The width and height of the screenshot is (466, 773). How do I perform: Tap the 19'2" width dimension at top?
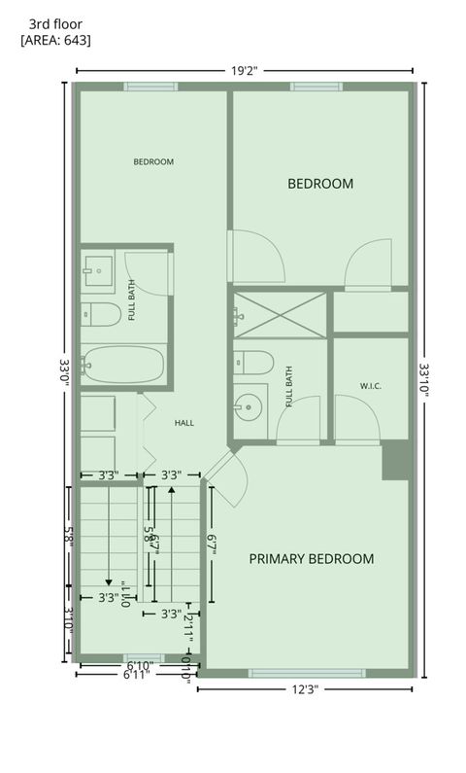(244, 70)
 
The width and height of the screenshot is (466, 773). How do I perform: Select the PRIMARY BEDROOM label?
(311, 558)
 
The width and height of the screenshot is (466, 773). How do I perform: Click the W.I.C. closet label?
(370, 386)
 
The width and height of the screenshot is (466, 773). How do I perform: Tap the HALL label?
(184, 423)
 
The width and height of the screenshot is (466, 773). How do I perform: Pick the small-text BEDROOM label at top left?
(153, 161)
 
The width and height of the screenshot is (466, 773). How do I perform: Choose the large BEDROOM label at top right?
(319, 183)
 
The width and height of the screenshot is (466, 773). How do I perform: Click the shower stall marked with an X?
(280, 314)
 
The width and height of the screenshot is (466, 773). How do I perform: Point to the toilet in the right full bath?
(252, 363)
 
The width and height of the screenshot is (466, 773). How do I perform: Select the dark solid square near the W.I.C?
(395, 460)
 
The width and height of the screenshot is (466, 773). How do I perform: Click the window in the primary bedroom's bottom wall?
(307, 673)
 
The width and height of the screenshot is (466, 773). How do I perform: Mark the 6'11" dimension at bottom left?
(137, 674)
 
